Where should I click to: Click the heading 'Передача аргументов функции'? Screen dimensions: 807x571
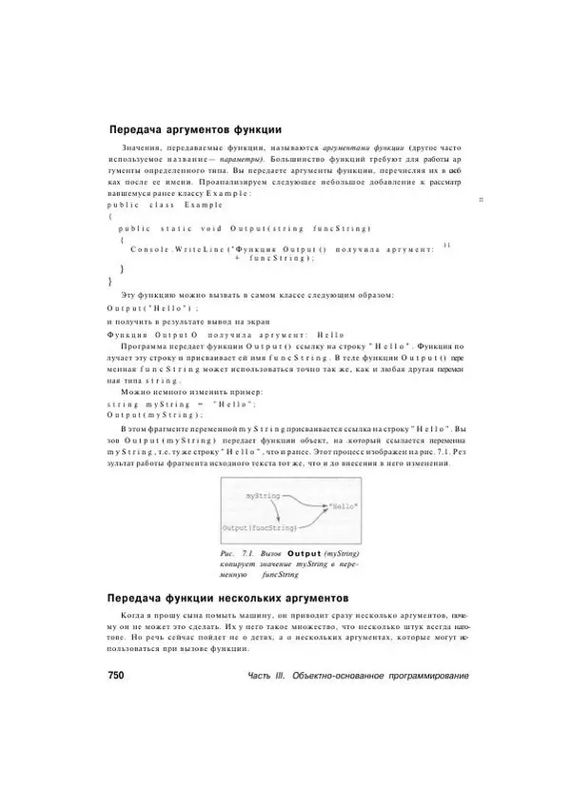tap(196, 128)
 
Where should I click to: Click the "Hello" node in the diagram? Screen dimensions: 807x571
tap(339, 508)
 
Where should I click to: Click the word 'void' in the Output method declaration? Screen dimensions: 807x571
tap(211, 229)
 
